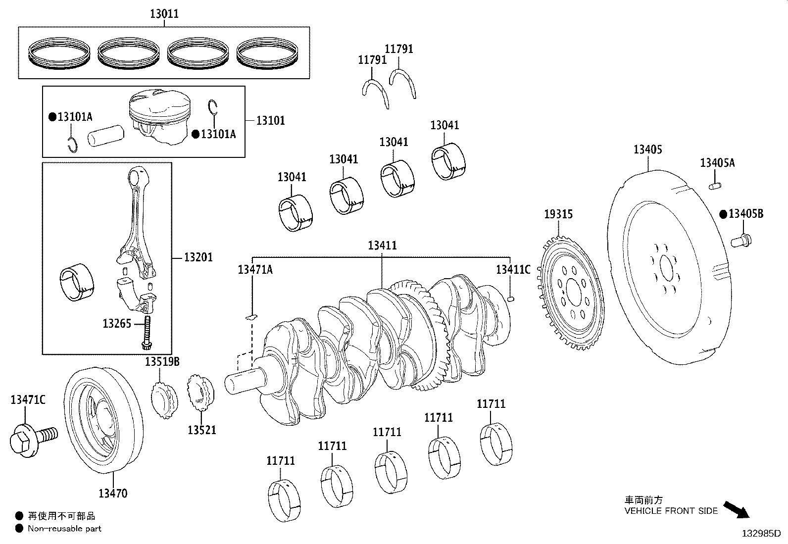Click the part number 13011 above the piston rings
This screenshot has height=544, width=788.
coord(164,14)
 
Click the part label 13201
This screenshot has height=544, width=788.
coord(198,257)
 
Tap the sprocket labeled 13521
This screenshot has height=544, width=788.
coord(201,395)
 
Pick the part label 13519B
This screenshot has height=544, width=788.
coord(162,362)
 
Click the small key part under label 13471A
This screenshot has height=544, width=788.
coord(252,316)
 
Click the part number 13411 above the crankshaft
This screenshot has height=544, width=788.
coord(382,246)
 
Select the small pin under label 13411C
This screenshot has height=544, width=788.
coord(512,298)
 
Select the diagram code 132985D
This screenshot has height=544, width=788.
coord(760,534)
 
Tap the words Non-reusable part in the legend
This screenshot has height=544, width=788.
coord(64,528)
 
